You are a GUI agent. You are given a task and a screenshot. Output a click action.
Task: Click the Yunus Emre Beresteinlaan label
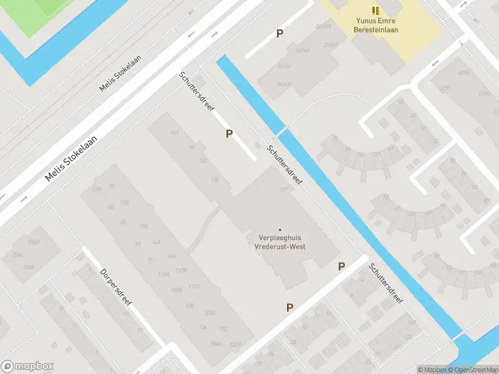click(x=376, y=25)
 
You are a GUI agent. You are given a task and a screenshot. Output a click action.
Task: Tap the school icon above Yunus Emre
click(x=375, y=10)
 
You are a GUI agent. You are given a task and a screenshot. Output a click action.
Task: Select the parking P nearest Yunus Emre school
click(x=280, y=34)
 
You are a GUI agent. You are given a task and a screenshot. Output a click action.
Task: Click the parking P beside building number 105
click(x=230, y=133)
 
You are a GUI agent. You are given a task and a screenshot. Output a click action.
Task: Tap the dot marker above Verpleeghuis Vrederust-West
click(x=279, y=230)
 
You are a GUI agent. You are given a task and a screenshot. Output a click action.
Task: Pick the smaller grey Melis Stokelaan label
click(x=120, y=72)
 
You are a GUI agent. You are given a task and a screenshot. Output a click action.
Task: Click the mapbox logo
click(x=27, y=367)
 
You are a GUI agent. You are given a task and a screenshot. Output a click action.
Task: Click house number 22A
click(x=97, y=189)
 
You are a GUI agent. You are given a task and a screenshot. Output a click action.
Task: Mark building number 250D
click(x=34, y=242)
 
